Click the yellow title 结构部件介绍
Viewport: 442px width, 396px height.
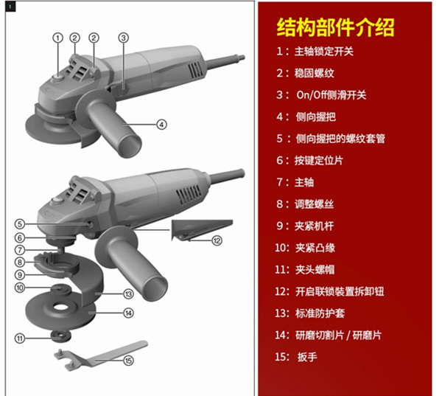(x=335, y=27)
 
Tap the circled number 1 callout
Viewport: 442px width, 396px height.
(x=58, y=38)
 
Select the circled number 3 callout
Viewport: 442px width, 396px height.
(x=124, y=38)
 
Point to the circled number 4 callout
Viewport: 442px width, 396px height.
(x=161, y=125)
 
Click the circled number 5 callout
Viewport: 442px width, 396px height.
(x=20, y=224)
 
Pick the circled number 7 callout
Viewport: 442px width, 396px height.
(x=20, y=250)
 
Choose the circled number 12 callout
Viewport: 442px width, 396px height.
(x=217, y=240)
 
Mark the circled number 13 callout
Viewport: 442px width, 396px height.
(x=128, y=294)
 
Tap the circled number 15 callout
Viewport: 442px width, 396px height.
(x=128, y=361)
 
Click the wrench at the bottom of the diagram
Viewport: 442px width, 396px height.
(x=99, y=356)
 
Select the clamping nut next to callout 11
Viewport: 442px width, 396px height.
(x=60, y=336)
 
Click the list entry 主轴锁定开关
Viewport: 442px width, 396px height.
(x=324, y=52)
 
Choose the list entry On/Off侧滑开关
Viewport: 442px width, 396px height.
(x=331, y=95)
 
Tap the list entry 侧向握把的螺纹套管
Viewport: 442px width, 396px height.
(x=340, y=139)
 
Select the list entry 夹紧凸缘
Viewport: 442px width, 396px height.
(x=315, y=248)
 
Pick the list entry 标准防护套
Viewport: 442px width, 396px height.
(x=320, y=313)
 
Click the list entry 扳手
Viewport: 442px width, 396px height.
(x=307, y=357)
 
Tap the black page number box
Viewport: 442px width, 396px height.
(x=10, y=7)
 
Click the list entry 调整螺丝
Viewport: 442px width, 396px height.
(x=314, y=204)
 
